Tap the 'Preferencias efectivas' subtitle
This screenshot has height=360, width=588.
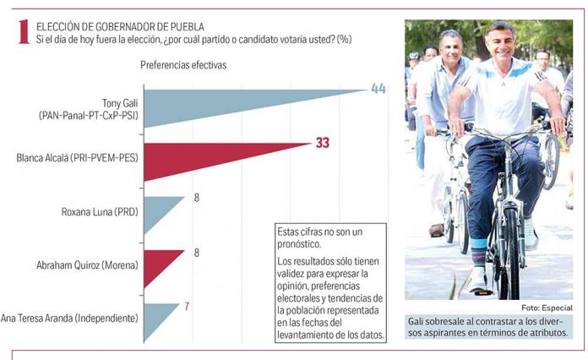tap(183, 64)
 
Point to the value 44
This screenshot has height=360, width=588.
tap(378, 88)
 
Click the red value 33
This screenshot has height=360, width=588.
tap(322, 144)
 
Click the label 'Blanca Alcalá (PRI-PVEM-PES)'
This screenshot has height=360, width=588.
tap(71, 157)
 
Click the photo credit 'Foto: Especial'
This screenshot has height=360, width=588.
tap(547, 307)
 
